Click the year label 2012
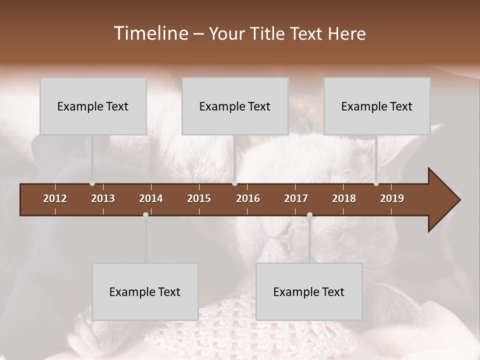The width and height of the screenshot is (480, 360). pyautogui.click(x=55, y=198)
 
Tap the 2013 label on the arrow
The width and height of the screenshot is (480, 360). pyautogui.click(x=103, y=198)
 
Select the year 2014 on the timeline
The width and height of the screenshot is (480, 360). pyautogui.click(x=151, y=198)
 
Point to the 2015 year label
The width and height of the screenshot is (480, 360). pyautogui.click(x=199, y=198)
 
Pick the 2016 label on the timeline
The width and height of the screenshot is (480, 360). pyautogui.click(x=248, y=198)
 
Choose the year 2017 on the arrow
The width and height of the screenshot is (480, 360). pyautogui.click(x=296, y=198)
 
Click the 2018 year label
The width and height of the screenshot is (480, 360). pyautogui.click(x=344, y=198)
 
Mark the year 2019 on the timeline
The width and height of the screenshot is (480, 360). pyautogui.click(x=392, y=198)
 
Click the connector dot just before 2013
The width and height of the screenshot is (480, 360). pyautogui.click(x=92, y=183)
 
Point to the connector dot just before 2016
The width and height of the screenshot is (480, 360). pyautogui.click(x=235, y=183)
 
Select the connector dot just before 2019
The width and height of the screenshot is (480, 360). pyautogui.click(x=376, y=183)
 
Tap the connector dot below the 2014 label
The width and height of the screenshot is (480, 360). pyautogui.click(x=145, y=214)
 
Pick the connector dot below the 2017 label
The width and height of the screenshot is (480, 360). pyautogui.click(x=309, y=214)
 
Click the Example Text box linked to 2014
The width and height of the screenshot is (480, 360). pyautogui.click(x=145, y=291)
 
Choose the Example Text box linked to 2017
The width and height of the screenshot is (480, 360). pyautogui.click(x=309, y=291)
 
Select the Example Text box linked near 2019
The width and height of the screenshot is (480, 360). pyautogui.click(x=377, y=106)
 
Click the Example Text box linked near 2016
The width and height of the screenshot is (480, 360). pyautogui.click(x=235, y=106)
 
